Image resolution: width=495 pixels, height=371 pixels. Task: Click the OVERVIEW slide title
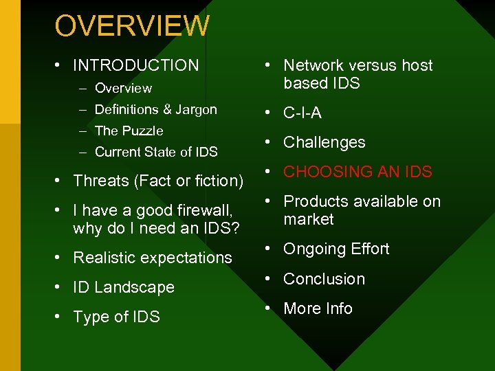click(132, 26)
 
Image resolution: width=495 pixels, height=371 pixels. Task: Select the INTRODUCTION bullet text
click(135, 65)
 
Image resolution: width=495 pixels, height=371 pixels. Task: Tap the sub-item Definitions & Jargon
click(155, 109)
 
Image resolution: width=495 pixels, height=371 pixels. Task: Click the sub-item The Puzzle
click(129, 131)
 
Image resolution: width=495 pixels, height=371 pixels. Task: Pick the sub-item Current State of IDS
click(156, 152)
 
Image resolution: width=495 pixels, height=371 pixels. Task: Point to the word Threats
click(101, 181)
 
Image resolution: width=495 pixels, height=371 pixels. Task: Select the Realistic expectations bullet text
click(153, 258)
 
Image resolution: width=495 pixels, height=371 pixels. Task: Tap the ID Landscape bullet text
click(124, 287)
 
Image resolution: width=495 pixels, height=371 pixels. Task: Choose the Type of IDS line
click(116, 317)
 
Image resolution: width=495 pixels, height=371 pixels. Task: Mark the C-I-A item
click(302, 113)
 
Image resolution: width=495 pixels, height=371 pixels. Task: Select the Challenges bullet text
click(324, 142)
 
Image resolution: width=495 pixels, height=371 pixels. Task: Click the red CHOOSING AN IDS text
click(357, 172)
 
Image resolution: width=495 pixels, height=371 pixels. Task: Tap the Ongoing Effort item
click(336, 249)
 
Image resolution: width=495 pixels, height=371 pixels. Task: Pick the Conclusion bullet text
click(324, 279)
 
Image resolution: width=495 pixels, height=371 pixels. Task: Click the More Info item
click(318, 308)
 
